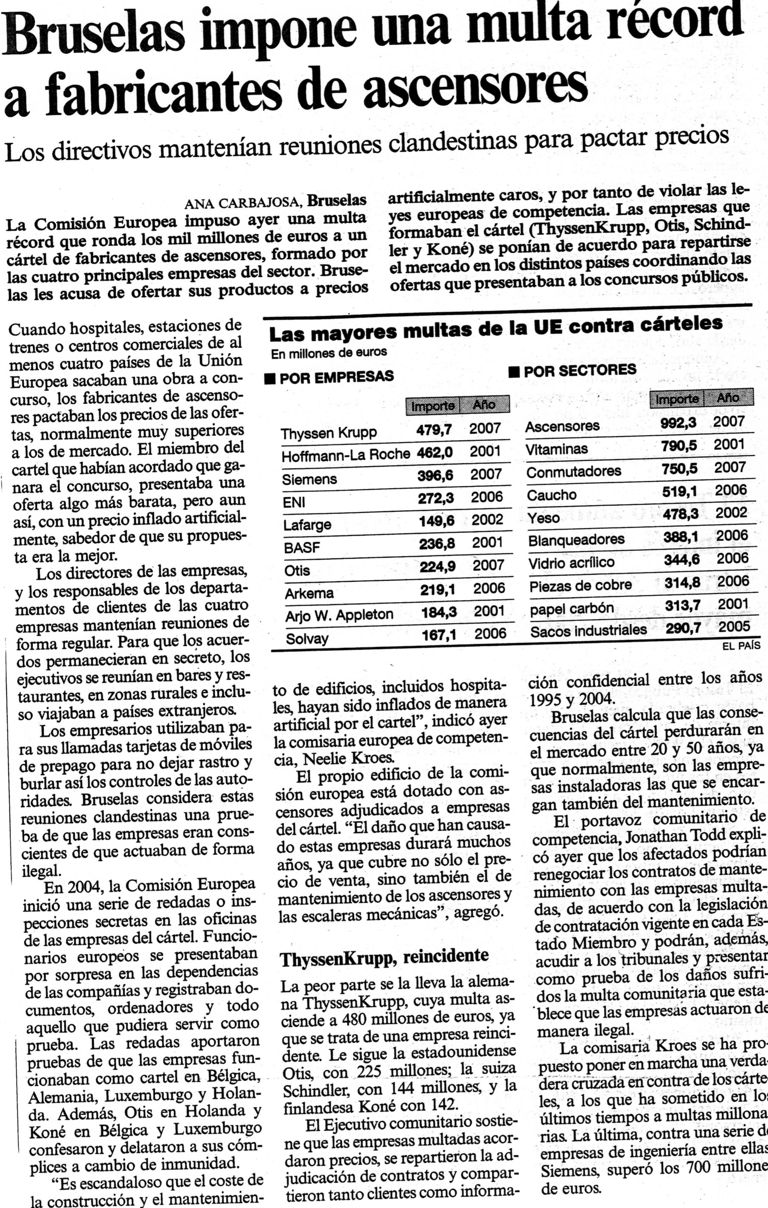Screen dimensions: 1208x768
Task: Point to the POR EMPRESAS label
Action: click(x=336, y=376)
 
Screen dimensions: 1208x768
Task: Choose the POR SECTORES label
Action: click(x=579, y=370)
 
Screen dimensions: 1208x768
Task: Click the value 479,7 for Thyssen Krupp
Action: click(x=434, y=429)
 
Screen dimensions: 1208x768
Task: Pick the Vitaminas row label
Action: click(x=556, y=448)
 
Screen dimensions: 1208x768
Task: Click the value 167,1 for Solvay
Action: click(x=438, y=636)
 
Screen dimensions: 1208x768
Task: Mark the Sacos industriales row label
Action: click(x=589, y=631)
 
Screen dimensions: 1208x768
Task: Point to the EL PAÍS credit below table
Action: click(x=741, y=646)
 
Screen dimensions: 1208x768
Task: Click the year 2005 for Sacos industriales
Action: click(x=734, y=626)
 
